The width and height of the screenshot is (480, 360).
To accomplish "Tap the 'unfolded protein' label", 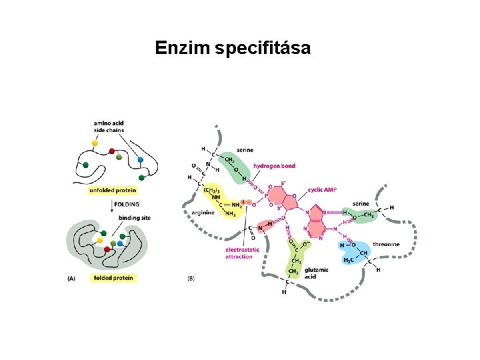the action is tap(113, 190).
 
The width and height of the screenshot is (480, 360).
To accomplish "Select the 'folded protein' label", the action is tap(113, 278).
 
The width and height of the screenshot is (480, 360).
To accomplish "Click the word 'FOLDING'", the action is tap(127, 203).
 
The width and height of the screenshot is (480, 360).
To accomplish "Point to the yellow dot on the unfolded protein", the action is tap(95, 143).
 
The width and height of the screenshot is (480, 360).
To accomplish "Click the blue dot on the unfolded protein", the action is tap(141, 160).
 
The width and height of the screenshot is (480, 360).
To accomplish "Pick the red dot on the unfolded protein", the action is tap(112, 151).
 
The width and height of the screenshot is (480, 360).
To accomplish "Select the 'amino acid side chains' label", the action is tap(109, 127).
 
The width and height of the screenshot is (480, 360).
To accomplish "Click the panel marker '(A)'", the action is tap(72, 279).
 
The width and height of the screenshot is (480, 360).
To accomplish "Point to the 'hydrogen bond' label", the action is tap(274, 165).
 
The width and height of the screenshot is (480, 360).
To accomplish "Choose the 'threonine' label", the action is tap(386, 244).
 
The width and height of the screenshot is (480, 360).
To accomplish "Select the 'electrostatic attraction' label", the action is tap(239, 253).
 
